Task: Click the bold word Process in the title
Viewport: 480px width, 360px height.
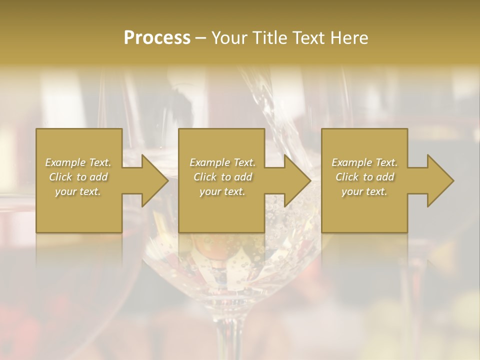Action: point(157,37)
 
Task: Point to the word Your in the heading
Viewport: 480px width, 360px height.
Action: point(229,37)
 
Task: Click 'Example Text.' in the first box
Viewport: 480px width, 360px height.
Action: point(78,162)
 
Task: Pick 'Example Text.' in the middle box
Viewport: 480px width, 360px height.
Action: point(222,162)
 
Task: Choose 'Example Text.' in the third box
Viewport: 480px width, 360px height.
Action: point(364,162)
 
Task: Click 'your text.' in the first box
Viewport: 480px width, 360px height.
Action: point(78,191)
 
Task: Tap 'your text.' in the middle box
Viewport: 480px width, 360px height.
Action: point(222,191)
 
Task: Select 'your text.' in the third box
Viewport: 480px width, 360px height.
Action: point(364,191)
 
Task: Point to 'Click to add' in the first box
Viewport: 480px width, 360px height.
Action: point(78,177)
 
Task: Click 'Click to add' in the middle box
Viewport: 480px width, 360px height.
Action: point(222,177)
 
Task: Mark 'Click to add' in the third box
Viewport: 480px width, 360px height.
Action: point(364,177)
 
